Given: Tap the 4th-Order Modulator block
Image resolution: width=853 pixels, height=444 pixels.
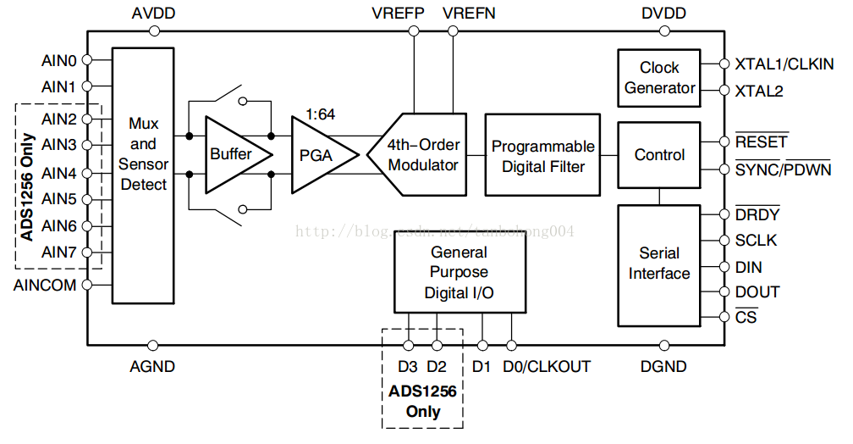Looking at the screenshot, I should tap(421, 154).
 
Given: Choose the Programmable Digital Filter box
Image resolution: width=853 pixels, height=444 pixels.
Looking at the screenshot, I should tap(542, 156).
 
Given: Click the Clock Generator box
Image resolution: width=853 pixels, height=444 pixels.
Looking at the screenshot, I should tap(659, 78).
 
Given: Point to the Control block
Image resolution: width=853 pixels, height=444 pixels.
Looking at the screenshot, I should tap(659, 155).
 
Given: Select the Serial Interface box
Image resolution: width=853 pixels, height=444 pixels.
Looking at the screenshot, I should tap(659, 263).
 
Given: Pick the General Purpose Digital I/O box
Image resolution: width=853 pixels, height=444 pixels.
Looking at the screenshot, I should tap(460, 272).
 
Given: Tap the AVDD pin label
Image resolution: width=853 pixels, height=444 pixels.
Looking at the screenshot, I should tap(153, 14).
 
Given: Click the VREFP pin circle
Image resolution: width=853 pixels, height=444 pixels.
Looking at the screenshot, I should tap(414, 31).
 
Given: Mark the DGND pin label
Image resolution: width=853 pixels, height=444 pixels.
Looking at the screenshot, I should tap(663, 367).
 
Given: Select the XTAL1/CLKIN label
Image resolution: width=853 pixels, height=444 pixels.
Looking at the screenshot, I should tap(784, 64).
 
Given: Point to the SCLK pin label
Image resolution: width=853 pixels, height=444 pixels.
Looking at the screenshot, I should tap(756, 241).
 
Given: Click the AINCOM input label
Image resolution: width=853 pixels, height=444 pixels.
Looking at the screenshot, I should tap(45, 286).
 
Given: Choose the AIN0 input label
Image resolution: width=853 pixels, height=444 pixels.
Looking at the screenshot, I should tap(58, 60).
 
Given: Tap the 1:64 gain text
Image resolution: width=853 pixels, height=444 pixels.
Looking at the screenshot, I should tap(319, 114).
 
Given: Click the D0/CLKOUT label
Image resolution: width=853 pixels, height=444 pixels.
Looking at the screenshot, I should tap(547, 367).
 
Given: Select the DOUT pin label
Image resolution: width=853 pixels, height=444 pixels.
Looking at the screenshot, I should tap(757, 292).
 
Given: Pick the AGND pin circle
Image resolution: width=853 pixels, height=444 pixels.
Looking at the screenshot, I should tap(153, 346).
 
